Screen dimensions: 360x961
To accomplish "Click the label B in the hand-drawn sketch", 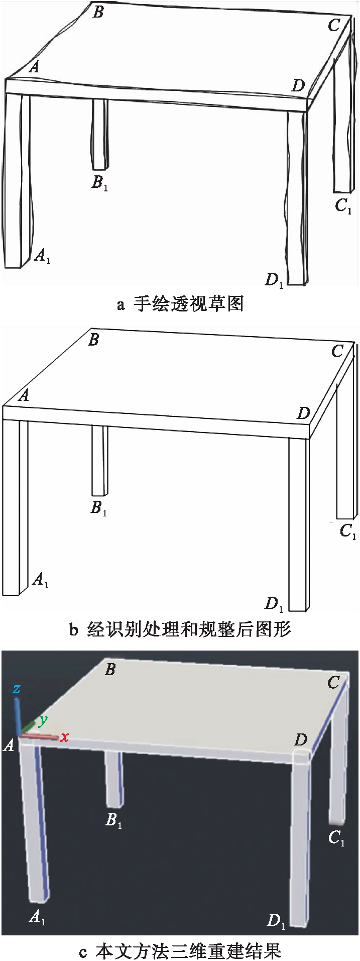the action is pyautogui.click(x=98, y=12).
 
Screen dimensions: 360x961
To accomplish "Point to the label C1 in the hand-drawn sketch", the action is pyautogui.click(x=343, y=206).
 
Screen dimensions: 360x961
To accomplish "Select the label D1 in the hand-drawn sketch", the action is pyautogui.click(x=275, y=280).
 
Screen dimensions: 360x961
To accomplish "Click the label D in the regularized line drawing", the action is pyautogui.click(x=303, y=413).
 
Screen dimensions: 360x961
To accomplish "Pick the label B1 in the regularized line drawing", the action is pyautogui.click(x=99, y=508).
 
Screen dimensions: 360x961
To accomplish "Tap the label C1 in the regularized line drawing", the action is pyautogui.click(x=347, y=531).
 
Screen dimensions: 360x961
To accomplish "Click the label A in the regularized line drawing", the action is pyautogui.click(x=23, y=396).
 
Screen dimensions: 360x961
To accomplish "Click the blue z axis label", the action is pyautogui.click(x=17, y=689).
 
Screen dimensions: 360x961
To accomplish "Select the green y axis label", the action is pyautogui.click(x=43, y=720).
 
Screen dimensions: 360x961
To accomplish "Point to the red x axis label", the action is pyautogui.click(x=64, y=737).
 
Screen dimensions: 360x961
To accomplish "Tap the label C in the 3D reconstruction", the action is pyautogui.click(x=333, y=683).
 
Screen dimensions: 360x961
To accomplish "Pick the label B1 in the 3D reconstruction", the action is pyautogui.click(x=113, y=821).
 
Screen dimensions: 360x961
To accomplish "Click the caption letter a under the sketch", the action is pyautogui.click(x=120, y=304).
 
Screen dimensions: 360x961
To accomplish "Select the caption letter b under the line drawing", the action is pyautogui.click(x=74, y=629).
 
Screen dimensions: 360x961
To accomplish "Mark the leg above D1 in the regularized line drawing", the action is pyautogui.click(x=298, y=524).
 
